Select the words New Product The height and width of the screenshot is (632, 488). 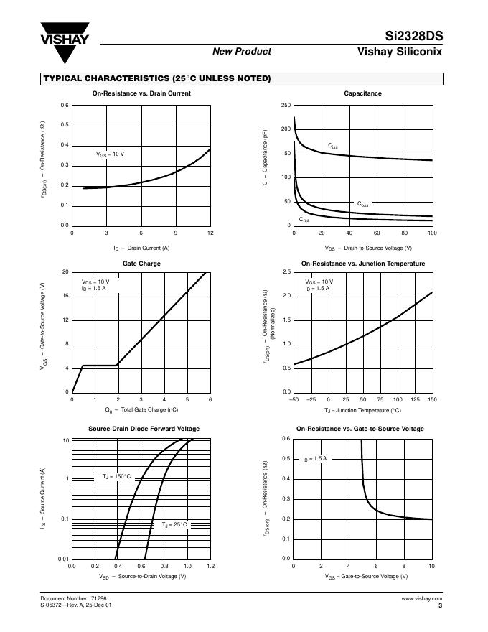(x=242, y=51)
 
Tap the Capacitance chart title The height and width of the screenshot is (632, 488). (x=362, y=93)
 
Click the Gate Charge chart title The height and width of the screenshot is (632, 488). (x=141, y=264)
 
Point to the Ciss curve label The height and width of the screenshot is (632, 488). (x=333, y=147)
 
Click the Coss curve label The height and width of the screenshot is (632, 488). (x=362, y=204)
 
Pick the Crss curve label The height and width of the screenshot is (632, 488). (x=304, y=219)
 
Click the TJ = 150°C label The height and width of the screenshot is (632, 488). (x=116, y=476)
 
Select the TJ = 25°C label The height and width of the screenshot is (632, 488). (x=174, y=525)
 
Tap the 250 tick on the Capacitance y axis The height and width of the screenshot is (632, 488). (x=286, y=106)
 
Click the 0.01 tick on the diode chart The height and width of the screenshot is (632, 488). (x=64, y=559)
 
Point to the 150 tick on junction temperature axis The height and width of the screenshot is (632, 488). (x=432, y=399)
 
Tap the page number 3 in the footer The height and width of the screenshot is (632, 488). (x=439, y=605)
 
